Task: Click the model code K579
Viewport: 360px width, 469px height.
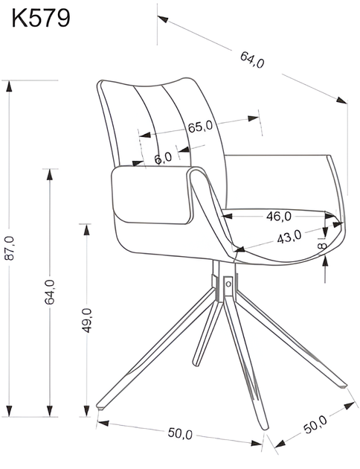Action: point(40,17)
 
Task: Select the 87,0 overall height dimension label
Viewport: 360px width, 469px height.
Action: point(9,248)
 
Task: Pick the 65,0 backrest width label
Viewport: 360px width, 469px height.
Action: point(200,127)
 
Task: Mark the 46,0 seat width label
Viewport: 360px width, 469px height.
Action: point(278,216)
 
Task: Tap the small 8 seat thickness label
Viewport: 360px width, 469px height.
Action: point(321,245)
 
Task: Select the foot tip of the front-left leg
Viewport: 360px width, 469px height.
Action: point(100,407)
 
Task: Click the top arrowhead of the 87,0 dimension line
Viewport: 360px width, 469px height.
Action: point(9,84)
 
